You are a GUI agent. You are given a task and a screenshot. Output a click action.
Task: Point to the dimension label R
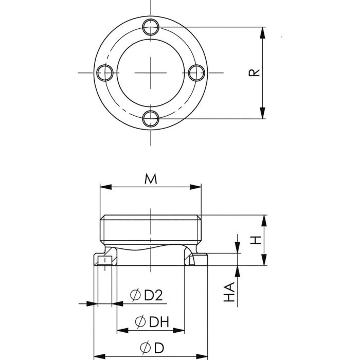coord(254,73)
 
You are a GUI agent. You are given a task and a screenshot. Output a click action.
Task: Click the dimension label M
coord(151,179)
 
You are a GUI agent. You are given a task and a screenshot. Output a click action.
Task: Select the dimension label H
coord(256,240)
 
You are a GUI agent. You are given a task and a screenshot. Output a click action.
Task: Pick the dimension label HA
coord(229,292)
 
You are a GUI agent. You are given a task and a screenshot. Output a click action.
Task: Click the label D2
coord(153,295)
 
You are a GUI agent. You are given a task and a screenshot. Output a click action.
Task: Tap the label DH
coord(159,322)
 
